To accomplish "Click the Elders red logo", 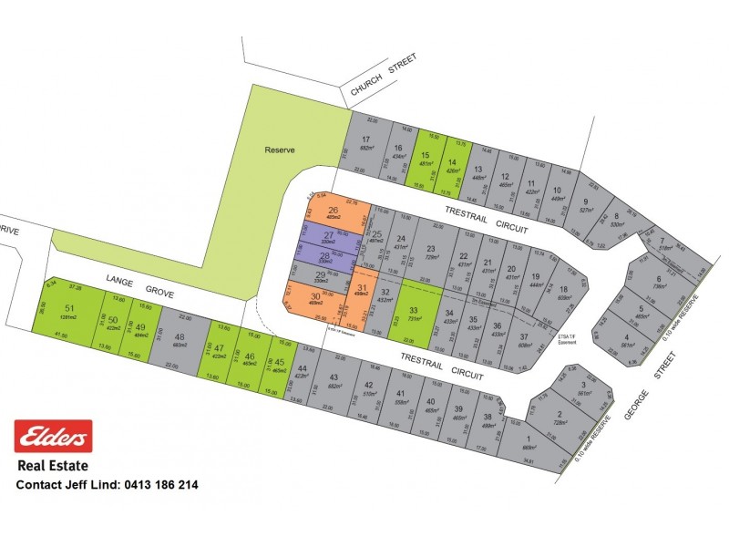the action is (x=54, y=437).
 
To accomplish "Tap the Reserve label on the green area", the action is (x=280, y=150).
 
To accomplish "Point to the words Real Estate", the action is (x=54, y=467).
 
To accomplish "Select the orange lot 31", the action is (x=362, y=294).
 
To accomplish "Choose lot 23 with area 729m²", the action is (x=431, y=253).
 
